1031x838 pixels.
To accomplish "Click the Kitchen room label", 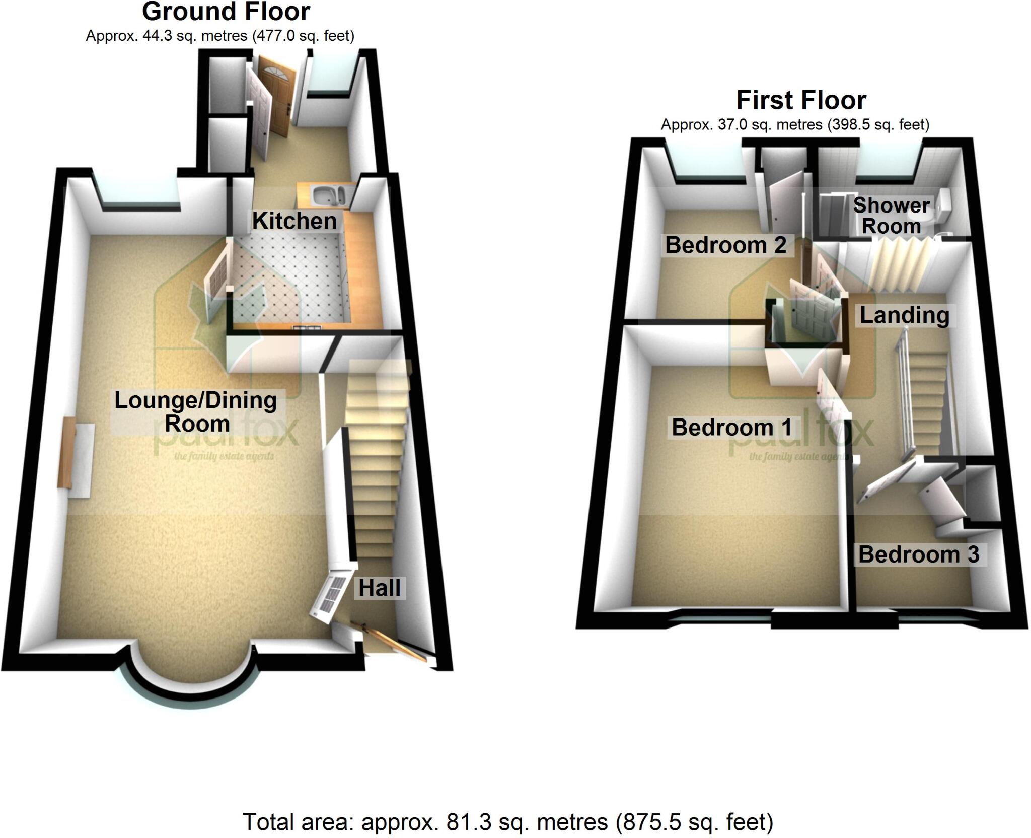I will (294, 221).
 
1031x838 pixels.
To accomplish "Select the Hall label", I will (380, 588).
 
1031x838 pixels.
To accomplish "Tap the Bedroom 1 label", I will (732, 428).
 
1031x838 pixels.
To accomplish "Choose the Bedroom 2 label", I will (725, 245).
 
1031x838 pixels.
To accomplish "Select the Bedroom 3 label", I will (919, 554).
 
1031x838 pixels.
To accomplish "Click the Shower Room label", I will (891, 216).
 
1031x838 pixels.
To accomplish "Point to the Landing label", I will (904, 315).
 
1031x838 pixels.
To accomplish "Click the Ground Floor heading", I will (226, 12).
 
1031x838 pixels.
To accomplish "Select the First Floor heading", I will (801, 100).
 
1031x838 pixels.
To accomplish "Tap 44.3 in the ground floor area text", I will (159, 36).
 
